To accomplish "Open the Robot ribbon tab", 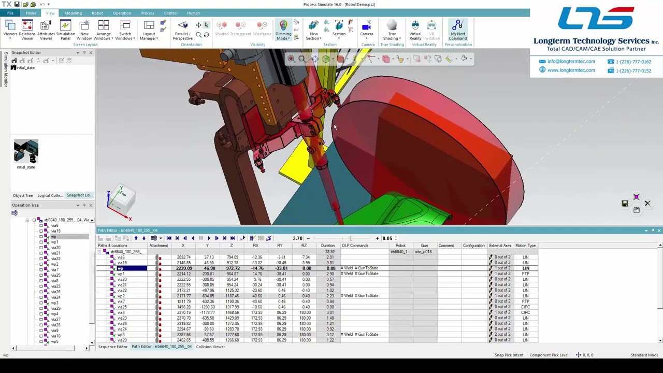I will point(97,13).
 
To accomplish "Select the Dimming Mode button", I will point(283,30).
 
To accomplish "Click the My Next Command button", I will point(457,30).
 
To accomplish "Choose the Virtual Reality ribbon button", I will point(415,30).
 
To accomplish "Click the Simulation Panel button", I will point(65,30).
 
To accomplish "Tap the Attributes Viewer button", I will point(46,30).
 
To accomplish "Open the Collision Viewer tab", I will point(210,347).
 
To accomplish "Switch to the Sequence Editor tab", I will point(113,347).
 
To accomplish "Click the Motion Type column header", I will point(525,246).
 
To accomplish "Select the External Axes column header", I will point(500,246).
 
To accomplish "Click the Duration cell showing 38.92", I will point(329,252).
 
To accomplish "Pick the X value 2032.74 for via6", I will point(184,257).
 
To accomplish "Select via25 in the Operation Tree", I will point(55,275).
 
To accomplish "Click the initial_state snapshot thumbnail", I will point(26,151).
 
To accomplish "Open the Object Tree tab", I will point(23,195).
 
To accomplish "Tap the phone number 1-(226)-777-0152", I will point(633,70).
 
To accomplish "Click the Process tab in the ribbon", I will point(148,13).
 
